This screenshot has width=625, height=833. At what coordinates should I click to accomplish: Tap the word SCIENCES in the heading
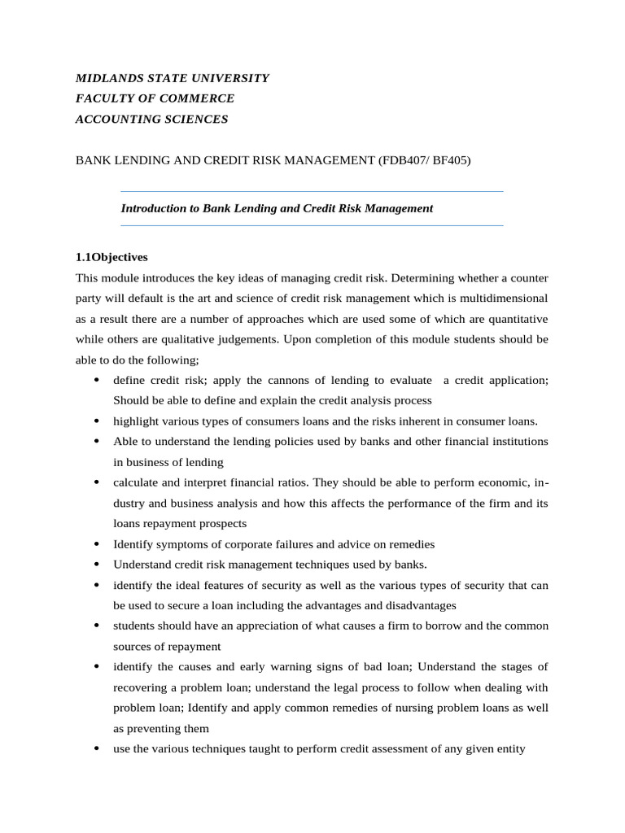coord(199,120)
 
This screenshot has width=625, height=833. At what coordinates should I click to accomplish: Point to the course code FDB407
coord(400,161)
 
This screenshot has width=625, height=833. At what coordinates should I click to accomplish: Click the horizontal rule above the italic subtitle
coord(312,191)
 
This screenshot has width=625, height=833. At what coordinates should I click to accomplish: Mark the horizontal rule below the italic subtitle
coord(312,225)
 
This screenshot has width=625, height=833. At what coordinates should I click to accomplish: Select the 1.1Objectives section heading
coord(111,257)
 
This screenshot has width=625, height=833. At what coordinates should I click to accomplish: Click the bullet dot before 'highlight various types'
coord(97,421)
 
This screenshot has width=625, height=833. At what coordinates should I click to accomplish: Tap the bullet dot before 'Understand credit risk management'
coord(97,565)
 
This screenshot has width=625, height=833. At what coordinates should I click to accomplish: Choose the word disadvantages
coord(415,605)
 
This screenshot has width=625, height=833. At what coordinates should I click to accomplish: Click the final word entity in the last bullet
coord(509,748)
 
